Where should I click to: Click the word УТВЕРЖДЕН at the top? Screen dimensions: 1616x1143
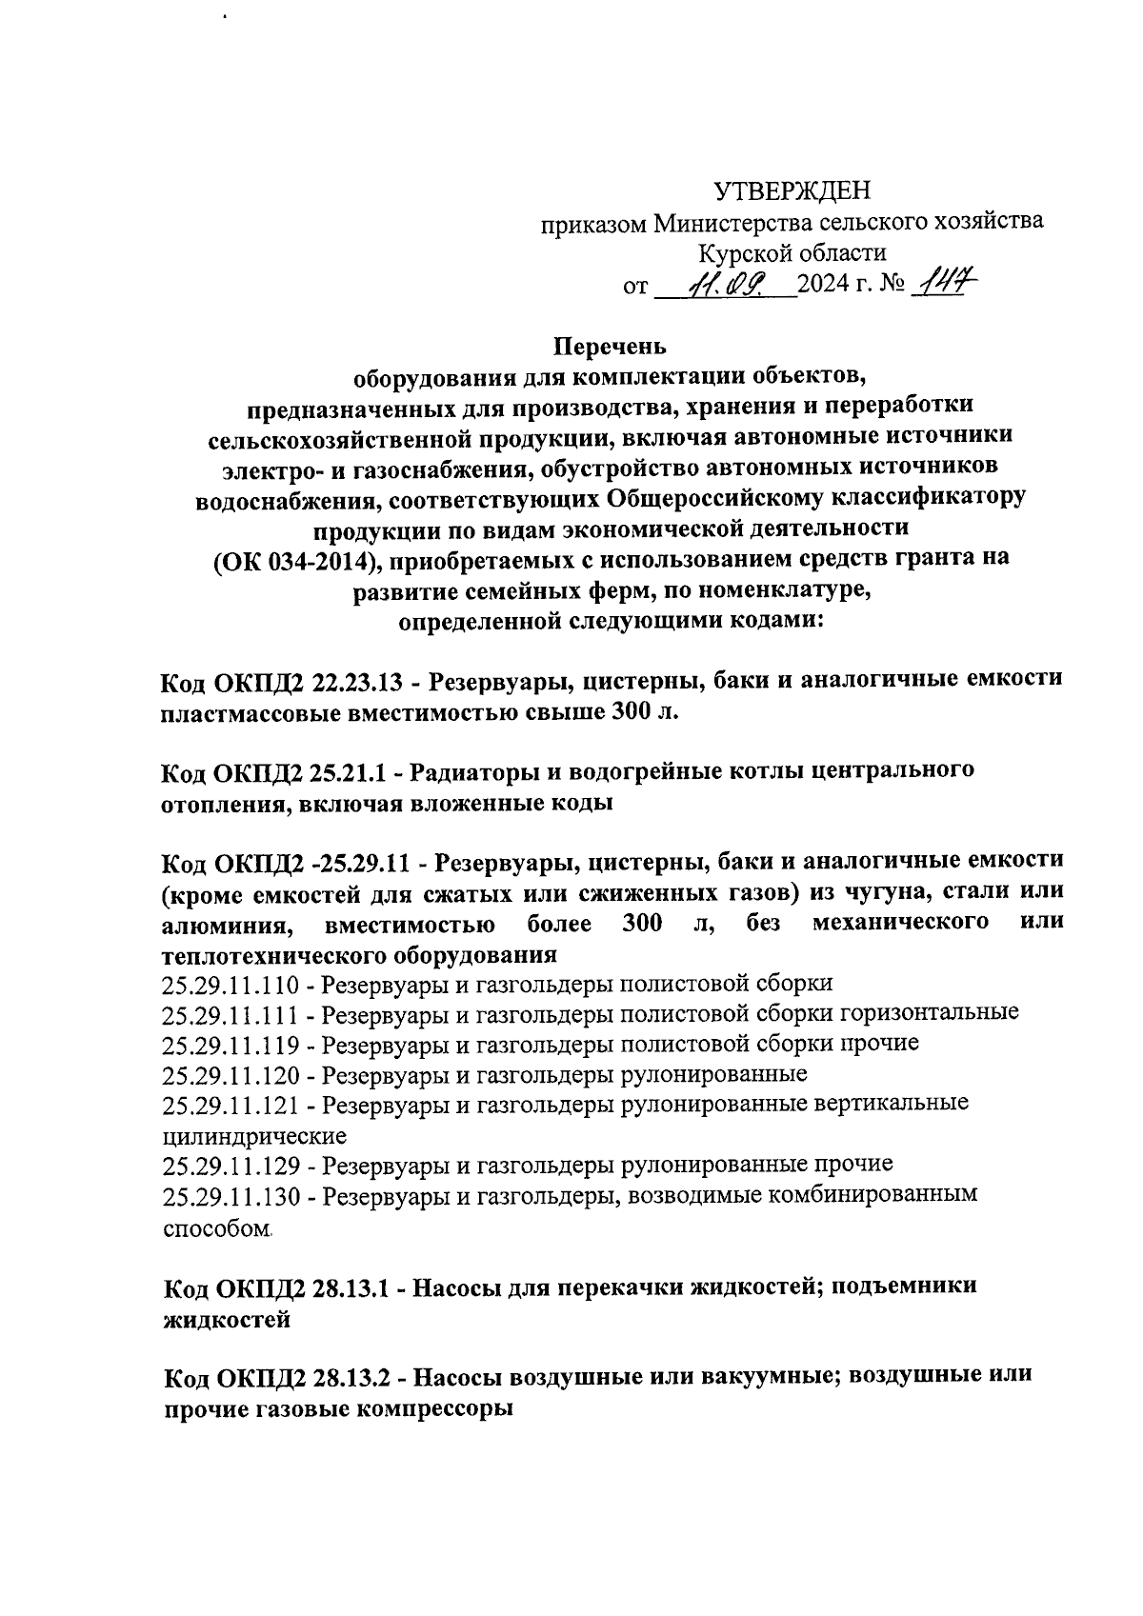point(792,192)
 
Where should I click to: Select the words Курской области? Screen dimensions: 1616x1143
point(792,253)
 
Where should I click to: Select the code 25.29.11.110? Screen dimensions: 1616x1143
point(231,984)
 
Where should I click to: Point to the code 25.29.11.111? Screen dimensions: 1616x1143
point(231,1013)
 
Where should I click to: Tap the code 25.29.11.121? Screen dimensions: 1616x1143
point(231,1106)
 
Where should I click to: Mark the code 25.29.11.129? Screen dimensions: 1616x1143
point(231,1166)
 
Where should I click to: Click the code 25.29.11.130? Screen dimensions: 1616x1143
point(231,1197)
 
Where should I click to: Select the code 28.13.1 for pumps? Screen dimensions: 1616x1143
point(350,1287)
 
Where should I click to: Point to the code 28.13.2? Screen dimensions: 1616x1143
point(351,1377)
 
